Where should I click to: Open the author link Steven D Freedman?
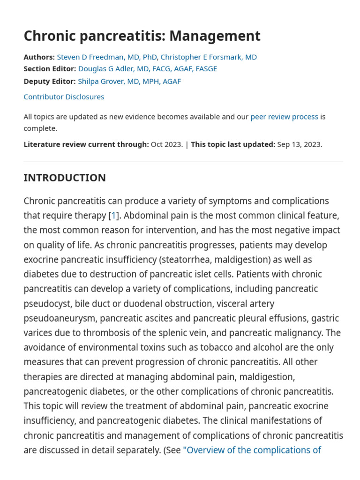(x=107, y=57)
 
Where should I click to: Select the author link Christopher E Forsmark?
(x=209, y=57)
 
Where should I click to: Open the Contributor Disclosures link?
(x=64, y=97)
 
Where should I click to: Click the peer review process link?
(x=284, y=117)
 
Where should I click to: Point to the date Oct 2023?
(x=166, y=144)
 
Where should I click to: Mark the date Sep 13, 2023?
(x=299, y=144)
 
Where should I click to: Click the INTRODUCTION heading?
(x=65, y=178)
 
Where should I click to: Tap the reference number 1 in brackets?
(x=113, y=216)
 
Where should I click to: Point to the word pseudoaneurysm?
(x=60, y=319)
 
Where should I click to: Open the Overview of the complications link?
(x=252, y=450)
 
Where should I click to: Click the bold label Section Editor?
(x=50, y=69)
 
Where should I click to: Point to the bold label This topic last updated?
(x=233, y=144)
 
